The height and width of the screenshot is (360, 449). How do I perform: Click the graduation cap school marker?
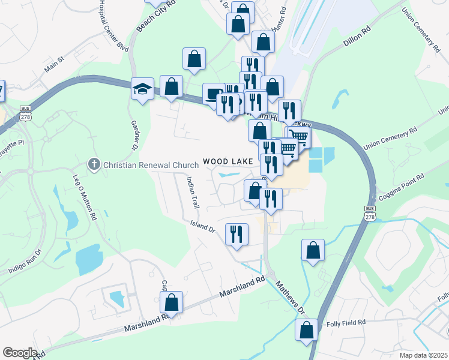tap(142, 90)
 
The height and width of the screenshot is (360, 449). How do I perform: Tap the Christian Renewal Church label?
tap(151, 165)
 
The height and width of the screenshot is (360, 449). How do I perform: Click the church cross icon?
tap(94, 164)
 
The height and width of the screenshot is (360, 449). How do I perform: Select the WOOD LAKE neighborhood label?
tap(228, 161)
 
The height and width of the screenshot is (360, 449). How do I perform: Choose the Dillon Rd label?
tap(357, 36)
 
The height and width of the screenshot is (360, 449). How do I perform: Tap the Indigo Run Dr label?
tap(26, 263)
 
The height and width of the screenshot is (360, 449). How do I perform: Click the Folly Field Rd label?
tap(346, 323)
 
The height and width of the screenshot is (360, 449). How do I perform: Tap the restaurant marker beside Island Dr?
tap(237, 233)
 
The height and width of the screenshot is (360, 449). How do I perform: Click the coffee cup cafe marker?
tap(214, 94)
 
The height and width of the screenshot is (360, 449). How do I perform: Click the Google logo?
tap(20, 353)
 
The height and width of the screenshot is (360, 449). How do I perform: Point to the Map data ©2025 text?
tap(423, 355)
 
